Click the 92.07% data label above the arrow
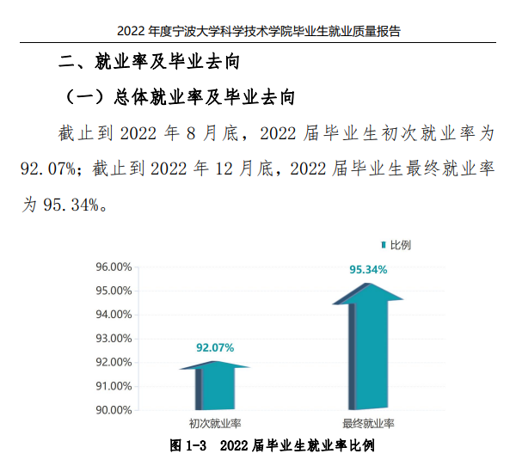pos(215,347)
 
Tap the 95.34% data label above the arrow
pos(368,270)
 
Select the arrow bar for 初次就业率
pos(215,387)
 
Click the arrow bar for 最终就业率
pos(368,348)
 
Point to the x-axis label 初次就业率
pos(215,424)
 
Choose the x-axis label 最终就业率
pos(368,424)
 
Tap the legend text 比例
pos(400,245)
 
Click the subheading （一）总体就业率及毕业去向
pos(181,98)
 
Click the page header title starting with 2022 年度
pos(258,31)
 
